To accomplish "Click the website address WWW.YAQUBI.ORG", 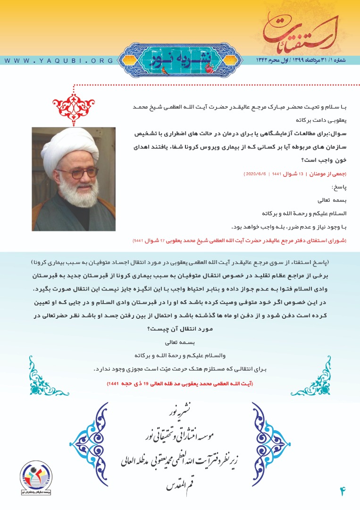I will [59, 61].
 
